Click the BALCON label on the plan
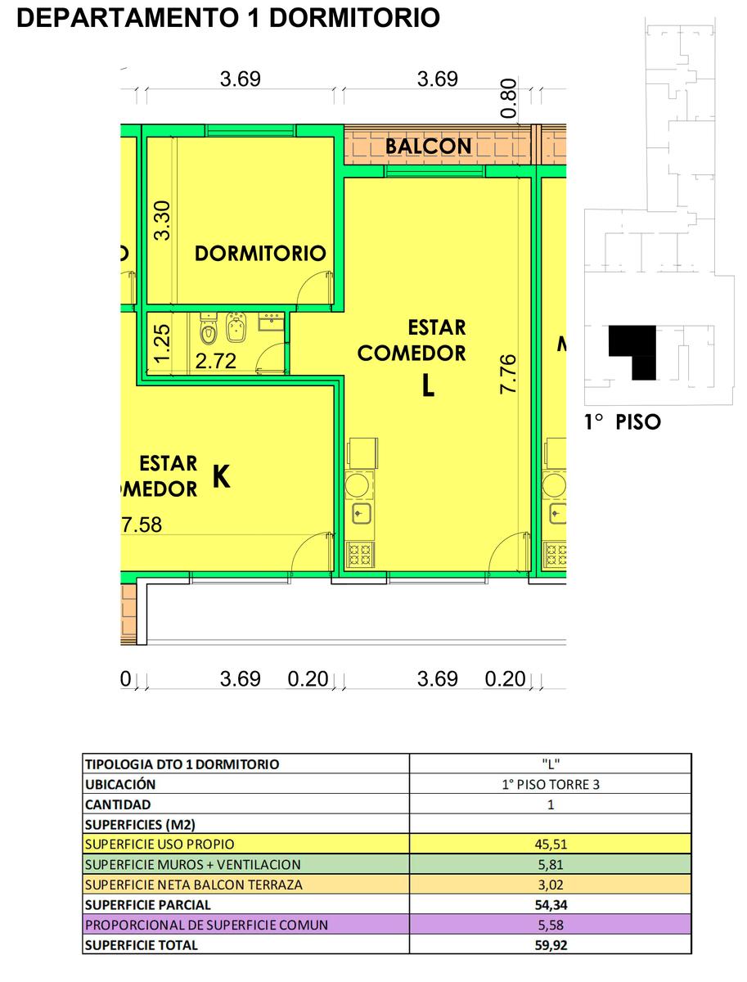coord(428,146)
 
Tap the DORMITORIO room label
coord(260,254)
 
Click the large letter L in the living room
coord(428,385)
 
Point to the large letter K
coord(222,476)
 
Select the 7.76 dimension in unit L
coord(508,374)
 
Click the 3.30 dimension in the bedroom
coord(162,221)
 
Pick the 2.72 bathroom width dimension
coord(216,361)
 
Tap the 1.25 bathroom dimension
coord(162,343)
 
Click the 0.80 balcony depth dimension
coord(509,98)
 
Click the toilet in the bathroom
coord(208,329)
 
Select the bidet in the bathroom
coord(236,328)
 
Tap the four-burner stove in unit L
coord(360,555)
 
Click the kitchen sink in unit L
coord(359,514)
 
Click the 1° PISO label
coord(623,422)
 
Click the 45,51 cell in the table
coord(551,845)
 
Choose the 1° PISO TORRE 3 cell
coord(551,784)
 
